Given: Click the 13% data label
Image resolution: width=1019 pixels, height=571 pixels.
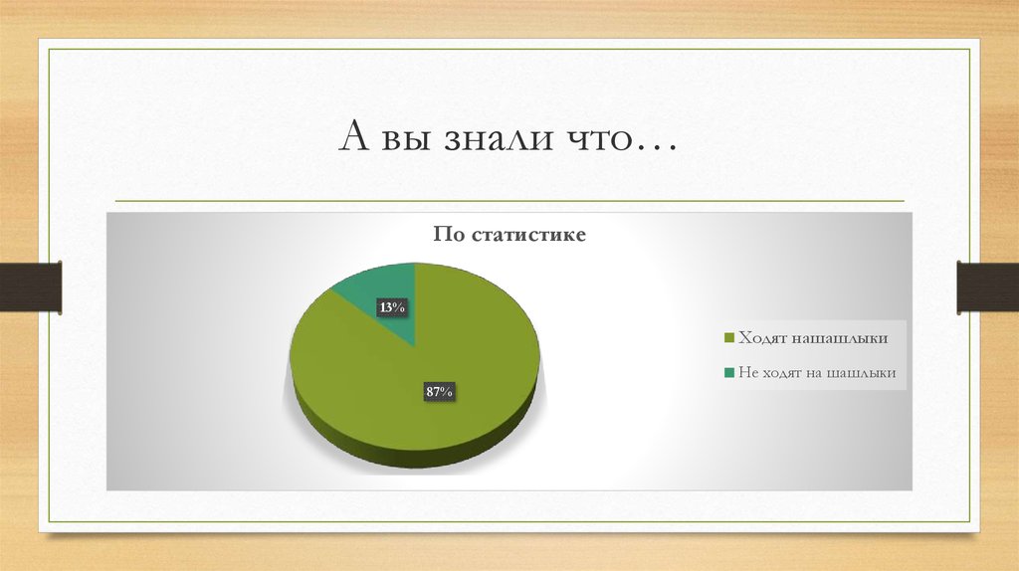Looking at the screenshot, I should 391,307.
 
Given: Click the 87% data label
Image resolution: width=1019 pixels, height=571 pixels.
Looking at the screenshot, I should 440,392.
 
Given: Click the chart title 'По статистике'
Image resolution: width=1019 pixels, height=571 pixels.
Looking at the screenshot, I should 509,236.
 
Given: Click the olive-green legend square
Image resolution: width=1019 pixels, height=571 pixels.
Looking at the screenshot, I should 728,339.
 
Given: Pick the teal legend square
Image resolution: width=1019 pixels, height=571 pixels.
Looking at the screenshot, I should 728,373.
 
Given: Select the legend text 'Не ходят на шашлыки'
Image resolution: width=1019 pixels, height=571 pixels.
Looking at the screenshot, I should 817,373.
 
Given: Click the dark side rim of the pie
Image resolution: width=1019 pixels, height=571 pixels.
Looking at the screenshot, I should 418,456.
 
